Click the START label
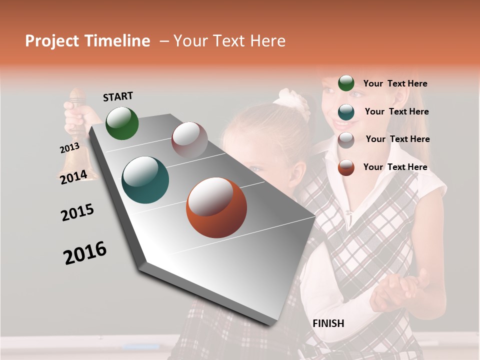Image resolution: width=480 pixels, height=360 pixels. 118,96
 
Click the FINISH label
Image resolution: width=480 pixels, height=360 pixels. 328,323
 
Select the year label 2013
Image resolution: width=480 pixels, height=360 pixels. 69,148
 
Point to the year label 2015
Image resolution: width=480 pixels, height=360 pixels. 77,212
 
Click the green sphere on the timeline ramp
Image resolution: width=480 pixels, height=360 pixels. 122,123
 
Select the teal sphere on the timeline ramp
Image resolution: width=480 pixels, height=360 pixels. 145,180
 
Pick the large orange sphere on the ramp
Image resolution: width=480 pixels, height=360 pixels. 216,207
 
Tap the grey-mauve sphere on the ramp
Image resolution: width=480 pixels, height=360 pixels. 189,139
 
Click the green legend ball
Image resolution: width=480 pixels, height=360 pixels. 346,83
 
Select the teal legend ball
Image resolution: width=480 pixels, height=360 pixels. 346,112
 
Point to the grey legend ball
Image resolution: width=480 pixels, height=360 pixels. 346,139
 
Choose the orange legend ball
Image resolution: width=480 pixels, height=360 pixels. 346,167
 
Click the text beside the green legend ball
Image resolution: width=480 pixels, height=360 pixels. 395,83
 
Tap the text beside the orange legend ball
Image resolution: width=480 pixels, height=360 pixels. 395,167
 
